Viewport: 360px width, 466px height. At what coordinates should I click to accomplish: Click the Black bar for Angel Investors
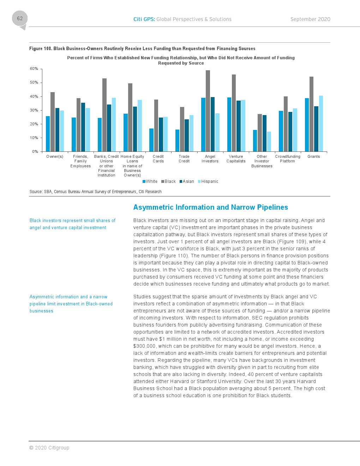point(208,111)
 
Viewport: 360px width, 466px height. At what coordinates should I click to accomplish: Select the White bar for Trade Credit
point(177,141)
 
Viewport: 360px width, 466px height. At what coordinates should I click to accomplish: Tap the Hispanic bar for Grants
point(321,124)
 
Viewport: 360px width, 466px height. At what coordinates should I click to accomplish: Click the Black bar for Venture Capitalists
point(234,113)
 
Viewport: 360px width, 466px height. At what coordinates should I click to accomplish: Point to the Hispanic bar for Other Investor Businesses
point(269,142)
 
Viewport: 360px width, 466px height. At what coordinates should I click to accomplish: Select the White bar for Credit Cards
point(151,140)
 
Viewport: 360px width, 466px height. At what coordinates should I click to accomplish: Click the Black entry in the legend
point(168,181)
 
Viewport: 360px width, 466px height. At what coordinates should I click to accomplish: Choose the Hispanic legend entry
point(208,181)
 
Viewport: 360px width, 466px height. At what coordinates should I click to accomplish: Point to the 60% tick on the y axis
point(34,69)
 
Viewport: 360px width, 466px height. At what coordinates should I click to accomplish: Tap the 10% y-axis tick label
point(34,138)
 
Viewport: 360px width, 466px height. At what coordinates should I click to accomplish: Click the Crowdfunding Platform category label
point(288,159)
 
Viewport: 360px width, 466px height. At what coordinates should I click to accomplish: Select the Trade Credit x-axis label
point(184,159)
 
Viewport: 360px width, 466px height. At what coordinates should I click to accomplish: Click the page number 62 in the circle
point(20,18)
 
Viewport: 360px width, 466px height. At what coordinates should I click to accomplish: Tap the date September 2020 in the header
point(310,19)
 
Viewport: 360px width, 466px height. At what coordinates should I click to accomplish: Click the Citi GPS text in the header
point(144,19)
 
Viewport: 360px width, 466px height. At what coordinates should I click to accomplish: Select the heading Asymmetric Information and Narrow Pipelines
point(210,207)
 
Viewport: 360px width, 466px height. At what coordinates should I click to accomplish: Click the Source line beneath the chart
point(95,192)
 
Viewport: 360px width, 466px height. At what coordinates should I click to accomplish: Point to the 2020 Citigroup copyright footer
point(49,448)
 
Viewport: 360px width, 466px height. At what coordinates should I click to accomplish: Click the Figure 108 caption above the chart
point(142,49)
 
